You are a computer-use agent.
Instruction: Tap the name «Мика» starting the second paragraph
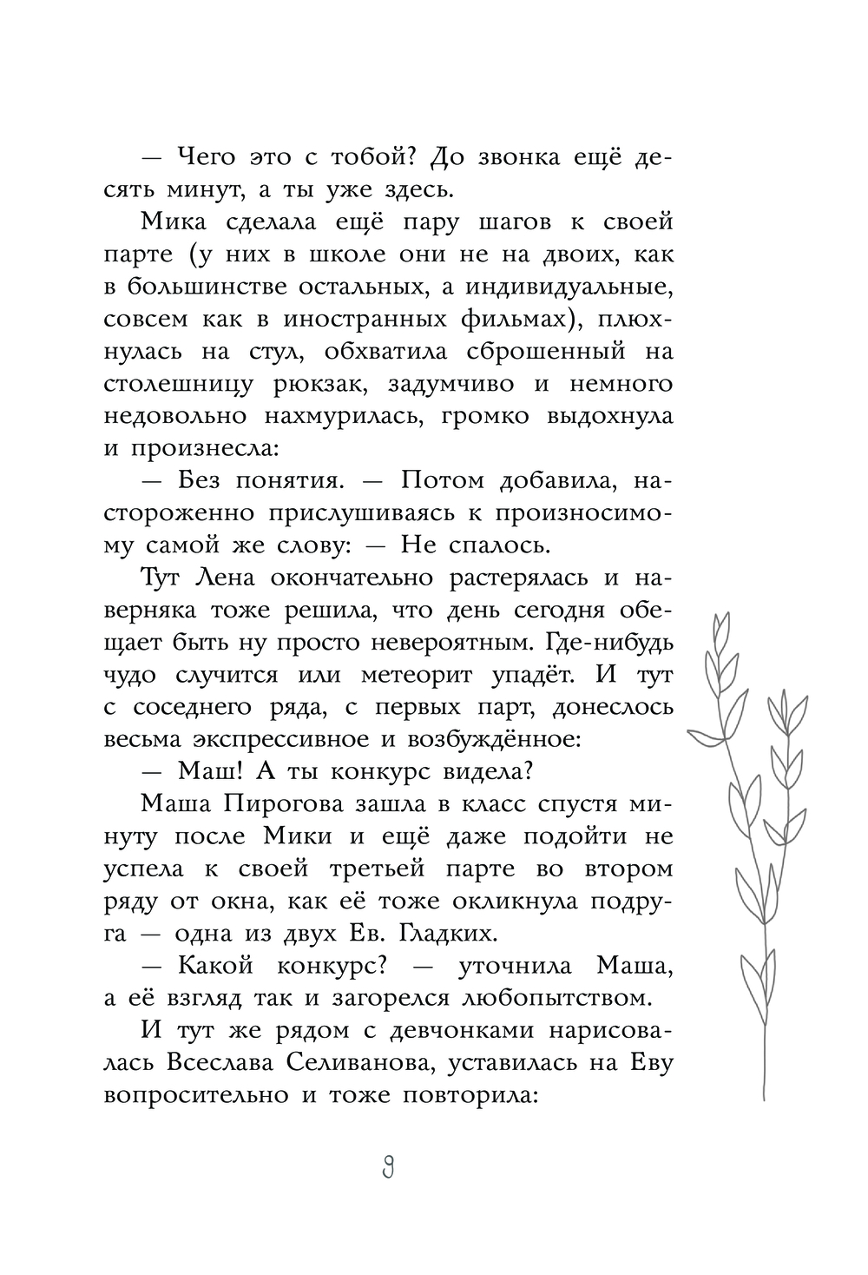pos(170,221)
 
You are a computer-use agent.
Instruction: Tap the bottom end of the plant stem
pos(764,1098)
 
